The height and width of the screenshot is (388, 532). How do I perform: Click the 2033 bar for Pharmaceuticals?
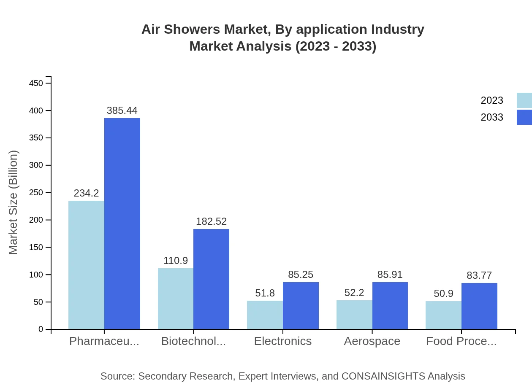[x=122, y=224]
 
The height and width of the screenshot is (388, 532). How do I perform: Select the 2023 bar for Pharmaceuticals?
[x=86, y=265]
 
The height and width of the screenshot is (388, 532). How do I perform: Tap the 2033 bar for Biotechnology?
[x=211, y=279]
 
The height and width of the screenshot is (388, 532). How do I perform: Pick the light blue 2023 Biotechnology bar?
[x=176, y=299]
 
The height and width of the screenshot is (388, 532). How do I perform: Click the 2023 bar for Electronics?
[x=265, y=315]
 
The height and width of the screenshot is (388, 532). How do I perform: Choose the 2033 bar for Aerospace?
[x=390, y=305]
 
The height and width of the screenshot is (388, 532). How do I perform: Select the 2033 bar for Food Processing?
[x=479, y=306]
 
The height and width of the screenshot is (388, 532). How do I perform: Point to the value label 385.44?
[x=122, y=110]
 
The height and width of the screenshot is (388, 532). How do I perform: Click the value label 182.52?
[x=211, y=221]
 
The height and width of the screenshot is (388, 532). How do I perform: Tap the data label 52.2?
[x=354, y=293]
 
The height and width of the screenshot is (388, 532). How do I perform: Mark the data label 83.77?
[x=479, y=275]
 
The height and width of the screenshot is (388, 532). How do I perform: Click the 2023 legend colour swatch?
[x=524, y=100]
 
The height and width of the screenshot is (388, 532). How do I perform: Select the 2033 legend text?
[x=492, y=117]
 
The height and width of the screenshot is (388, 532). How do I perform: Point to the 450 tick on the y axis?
[x=36, y=84]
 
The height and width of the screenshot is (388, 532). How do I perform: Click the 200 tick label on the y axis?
[x=36, y=220]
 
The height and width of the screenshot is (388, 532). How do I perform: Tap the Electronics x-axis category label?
[x=283, y=341]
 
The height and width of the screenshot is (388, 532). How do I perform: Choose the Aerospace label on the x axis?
[x=372, y=341]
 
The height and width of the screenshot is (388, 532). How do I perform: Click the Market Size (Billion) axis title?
[x=14, y=202]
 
